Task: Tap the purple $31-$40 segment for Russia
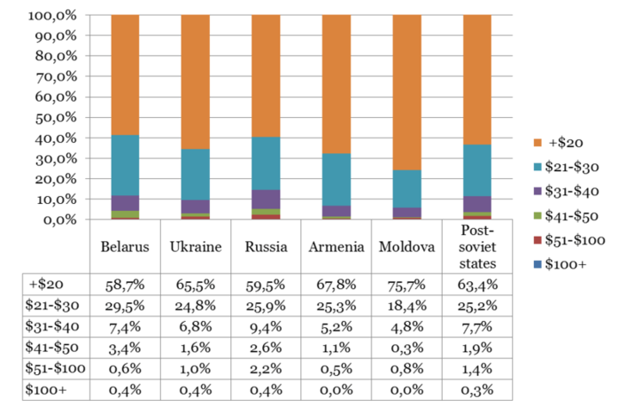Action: click(x=266, y=200)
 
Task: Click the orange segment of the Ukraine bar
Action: click(x=195, y=82)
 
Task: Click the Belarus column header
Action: click(x=126, y=246)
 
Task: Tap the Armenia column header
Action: click(x=336, y=246)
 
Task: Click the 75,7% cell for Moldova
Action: click(x=407, y=283)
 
